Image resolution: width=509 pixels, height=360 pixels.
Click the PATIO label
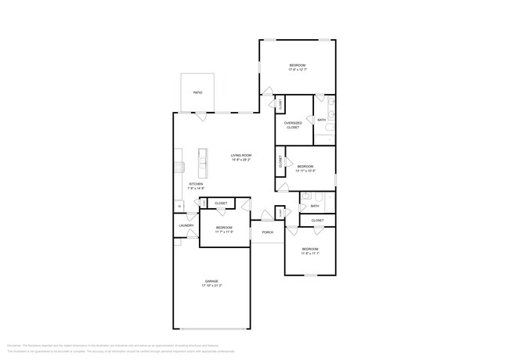(198, 92)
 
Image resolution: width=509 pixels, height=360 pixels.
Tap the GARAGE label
(211, 281)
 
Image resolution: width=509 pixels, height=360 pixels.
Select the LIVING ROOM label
(240, 155)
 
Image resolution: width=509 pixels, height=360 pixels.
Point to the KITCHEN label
(196, 184)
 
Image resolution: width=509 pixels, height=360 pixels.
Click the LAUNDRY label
(186, 225)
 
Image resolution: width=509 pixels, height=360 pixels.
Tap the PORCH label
(267, 232)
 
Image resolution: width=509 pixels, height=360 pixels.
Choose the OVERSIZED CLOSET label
(293, 124)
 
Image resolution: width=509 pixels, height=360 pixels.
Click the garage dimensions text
(211, 286)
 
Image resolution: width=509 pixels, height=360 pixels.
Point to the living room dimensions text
(240, 160)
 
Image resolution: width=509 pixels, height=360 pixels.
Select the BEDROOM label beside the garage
(225, 227)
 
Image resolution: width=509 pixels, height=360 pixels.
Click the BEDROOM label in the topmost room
(297, 65)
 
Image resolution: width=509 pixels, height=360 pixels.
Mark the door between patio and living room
(202, 115)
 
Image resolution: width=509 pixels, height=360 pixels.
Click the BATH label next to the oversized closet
(322, 120)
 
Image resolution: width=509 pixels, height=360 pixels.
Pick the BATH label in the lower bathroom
(314, 206)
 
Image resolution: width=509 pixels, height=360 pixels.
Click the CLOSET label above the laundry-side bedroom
(221, 203)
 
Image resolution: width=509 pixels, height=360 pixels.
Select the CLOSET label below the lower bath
(317, 221)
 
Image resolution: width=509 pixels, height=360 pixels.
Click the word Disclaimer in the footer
(14, 344)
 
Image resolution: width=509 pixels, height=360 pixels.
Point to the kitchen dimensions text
(196, 189)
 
